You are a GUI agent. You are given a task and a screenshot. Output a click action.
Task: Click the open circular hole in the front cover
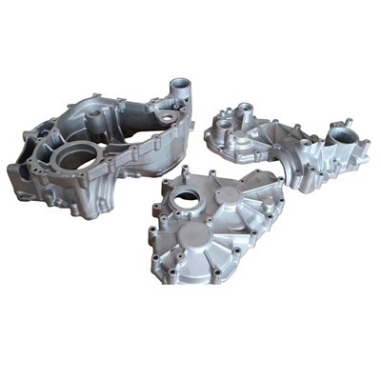click(187, 199)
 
